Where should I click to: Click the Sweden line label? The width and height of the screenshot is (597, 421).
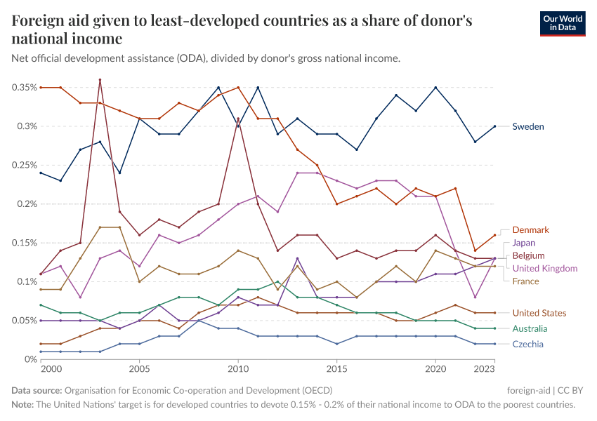[528, 126]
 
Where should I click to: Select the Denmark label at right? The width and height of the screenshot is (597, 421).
[530, 230]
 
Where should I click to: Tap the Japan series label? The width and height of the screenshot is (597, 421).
[524, 243]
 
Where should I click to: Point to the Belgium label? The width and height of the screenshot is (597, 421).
[528, 255]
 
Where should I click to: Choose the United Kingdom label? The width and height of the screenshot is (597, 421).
[544, 268]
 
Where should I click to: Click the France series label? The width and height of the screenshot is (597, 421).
[526, 281]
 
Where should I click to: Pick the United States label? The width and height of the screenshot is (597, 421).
[539, 313]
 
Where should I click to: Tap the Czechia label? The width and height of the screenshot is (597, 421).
[527, 344]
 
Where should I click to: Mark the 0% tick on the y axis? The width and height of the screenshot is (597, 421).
[30, 359]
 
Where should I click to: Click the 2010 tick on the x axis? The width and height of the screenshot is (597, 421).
[238, 368]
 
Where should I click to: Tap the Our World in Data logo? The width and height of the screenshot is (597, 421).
[563, 23]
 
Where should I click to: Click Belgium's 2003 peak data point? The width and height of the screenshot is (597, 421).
[100, 80]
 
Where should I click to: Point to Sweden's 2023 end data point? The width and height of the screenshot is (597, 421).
[495, 126]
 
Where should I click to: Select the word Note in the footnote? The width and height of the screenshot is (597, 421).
[23, 405]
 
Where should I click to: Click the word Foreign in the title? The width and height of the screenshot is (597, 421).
[35, 21]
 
